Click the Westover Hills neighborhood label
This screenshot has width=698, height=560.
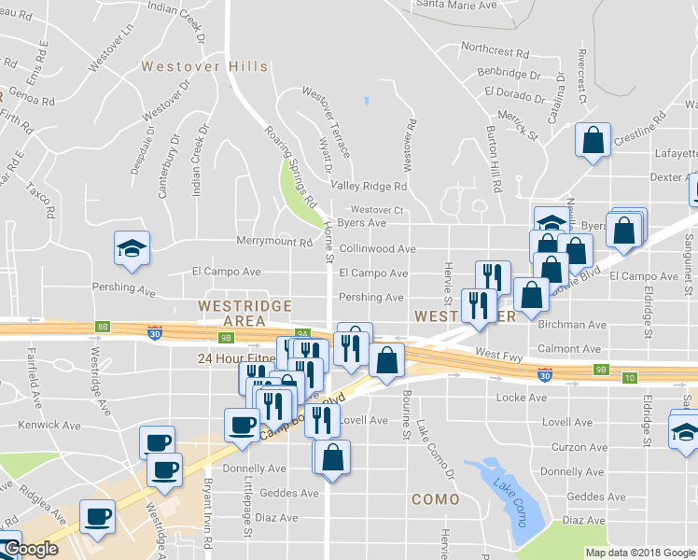click(204, 67)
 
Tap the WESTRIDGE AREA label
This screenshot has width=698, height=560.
click(245, 313)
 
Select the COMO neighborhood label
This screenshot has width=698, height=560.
click(436, 499)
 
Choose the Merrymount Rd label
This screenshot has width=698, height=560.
click(273, 243)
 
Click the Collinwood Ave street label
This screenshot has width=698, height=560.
click(377, 249)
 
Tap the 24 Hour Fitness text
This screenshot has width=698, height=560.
click(236, 357)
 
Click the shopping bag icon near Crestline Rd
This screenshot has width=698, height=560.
click(592, 141)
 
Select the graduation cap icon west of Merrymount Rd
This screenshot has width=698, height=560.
click(132, 248)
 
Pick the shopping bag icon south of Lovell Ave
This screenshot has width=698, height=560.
click(331, 457)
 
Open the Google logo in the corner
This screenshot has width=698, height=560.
click(30, 550)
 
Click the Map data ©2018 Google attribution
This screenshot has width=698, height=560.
click(641, 553)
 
